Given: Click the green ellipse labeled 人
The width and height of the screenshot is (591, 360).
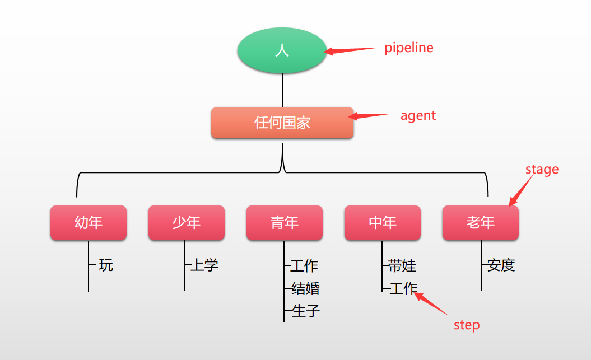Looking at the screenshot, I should (x=282, y=50).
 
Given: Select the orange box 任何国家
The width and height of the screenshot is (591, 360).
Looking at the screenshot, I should (x=282, y=123).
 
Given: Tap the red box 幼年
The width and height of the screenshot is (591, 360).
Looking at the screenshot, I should (x=89, y=223).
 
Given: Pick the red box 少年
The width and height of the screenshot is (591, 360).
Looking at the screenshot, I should (x=187, y=223).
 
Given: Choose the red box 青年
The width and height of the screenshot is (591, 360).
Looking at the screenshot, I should (x=285, y=223).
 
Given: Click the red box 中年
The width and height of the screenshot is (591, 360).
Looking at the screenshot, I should (x=383, y=223).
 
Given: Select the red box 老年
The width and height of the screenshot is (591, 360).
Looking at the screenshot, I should (x=481, y=223).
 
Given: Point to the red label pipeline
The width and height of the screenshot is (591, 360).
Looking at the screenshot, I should (x=409, y=48).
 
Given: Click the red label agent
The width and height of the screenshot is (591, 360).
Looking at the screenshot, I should (x=418, y=116).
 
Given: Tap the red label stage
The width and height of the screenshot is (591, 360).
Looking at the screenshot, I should (x=542, y=169).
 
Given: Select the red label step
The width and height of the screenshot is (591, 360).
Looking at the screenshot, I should (x=467, y=325).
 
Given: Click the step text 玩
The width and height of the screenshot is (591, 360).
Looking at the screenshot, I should (x=106, y=265).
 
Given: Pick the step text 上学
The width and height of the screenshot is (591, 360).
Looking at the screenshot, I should (x=204, y=265).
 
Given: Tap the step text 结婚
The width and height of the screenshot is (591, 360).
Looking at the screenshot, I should (x=306, y=288).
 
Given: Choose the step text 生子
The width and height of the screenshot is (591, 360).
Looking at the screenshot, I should (x=306, y=311).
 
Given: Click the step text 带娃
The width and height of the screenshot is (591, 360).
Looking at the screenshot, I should (x=402, y=265).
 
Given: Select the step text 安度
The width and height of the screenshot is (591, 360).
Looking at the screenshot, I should (x=501, y=265).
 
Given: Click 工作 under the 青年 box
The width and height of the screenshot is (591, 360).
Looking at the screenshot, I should (x=304, y=265).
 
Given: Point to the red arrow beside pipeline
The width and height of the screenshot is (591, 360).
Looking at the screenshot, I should (x=352, y=50).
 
